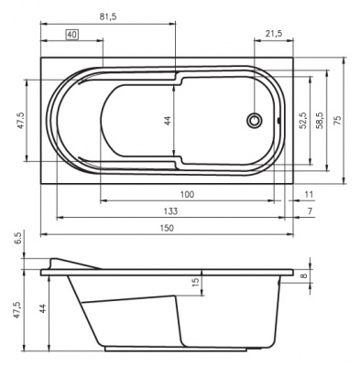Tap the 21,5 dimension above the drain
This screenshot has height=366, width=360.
(x=272, y=34)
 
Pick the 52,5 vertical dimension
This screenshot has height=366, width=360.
(x=301, y=120)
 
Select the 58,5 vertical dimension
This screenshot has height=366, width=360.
(x=320, y=120)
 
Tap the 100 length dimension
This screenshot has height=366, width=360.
(x=187, y=194)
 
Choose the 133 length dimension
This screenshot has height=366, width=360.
(x=171, y=210)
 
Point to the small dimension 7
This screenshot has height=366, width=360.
(x=310, y=210)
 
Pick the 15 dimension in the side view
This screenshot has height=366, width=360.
(x=194, y=284)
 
